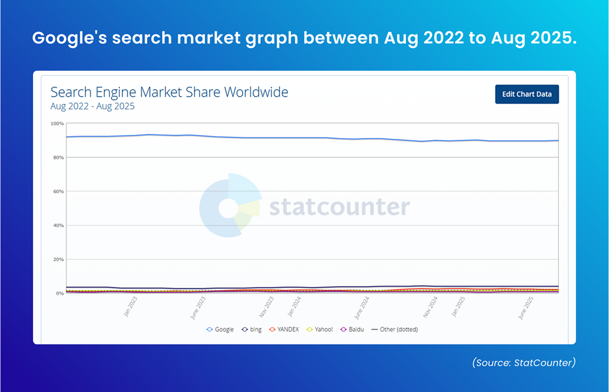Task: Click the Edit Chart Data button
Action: pyautogui.click(x=527, y=94)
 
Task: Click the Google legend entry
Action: pyautogui.click(x=220, y=330)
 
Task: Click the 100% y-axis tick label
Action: pyautogui.click(x=58, y=123)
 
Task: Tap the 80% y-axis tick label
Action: pyautogui.click(x=59, y=158)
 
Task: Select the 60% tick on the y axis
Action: pyautogui.click(x=59, y=192)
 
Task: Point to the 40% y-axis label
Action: pyautogui.click(x=59, y=225)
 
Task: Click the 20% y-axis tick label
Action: pyautogui.click(x=59, y=260)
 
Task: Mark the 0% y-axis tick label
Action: pyautogui.click(x=60, y=294)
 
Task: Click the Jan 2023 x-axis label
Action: pyautogui.click(x=131, y=307)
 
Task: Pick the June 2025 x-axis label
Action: pyautogui.click(x=526, y=308)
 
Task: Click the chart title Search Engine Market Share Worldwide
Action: pyautogui.click(x=169, y=92)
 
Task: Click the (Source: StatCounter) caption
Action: pyautogui.click(x=523, y=363)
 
